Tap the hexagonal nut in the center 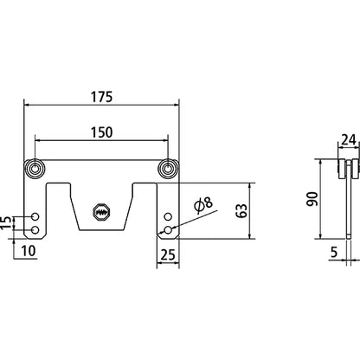tap(101, 210)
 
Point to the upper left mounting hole tap(35, 215)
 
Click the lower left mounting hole tap(35, 229)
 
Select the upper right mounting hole tap(168, 215)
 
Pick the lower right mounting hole tap(168, 229)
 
